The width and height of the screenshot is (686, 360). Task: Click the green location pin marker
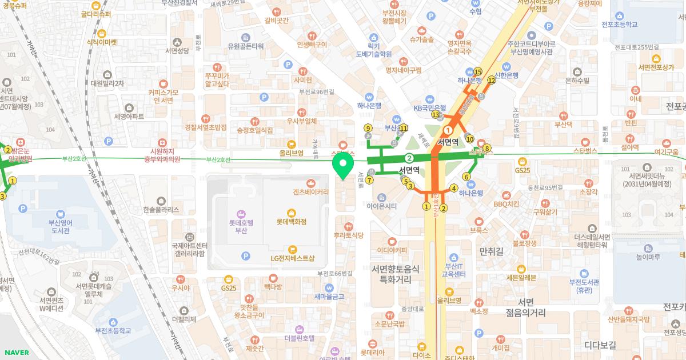click(x=342, y=167)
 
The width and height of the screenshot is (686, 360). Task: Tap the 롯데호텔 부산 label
click(x=241, y=227)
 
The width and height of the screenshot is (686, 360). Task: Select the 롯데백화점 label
click(x=292, y=221)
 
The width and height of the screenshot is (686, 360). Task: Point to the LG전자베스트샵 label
click(x=292, y=258)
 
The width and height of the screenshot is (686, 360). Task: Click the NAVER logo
click(x=16, y=352)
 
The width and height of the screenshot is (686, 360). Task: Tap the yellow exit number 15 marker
click(x=478, y=71)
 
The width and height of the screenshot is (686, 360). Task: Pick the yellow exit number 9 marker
click(x=368, y=128)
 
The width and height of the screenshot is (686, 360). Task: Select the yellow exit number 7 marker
click(x=370, y=180)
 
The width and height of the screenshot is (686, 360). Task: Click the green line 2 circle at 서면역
click(x=409, y=158)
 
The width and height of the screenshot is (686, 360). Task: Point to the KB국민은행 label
click(x=429, y=108)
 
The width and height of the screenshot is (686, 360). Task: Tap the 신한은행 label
click(x=506, y=75)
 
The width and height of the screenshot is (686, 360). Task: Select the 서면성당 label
click(x=177, y=51)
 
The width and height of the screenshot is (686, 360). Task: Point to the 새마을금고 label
click(x=329, y=297)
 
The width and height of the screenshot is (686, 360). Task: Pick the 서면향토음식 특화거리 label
click(x=396, y=274)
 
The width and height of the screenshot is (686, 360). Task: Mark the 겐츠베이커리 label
click(x=310, y=192)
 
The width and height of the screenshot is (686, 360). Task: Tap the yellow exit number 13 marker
click(x=436, y=115)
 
